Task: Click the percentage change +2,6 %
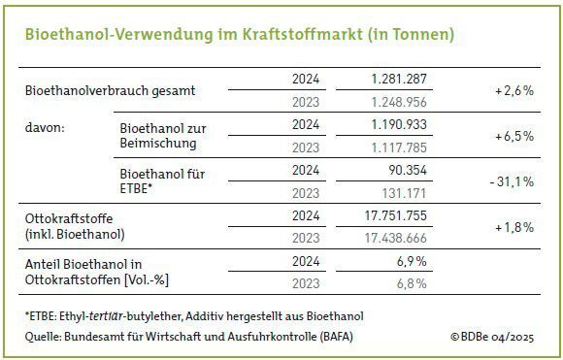(513, 89)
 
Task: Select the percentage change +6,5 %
(513, 136)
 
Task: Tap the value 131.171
(406, 194)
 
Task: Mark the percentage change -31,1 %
(511, 182)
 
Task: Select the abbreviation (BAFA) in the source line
(337, 336)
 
